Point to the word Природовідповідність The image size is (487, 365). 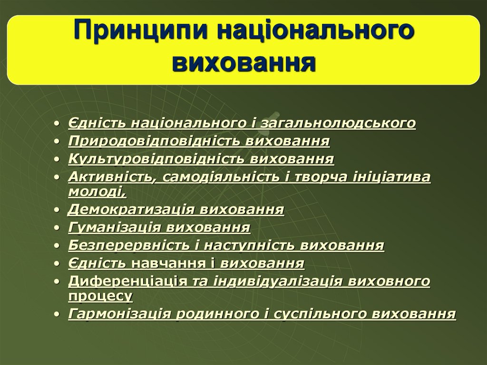[155, 141]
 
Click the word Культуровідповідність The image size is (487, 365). [157, 158]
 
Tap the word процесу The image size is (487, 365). [100, 296]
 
